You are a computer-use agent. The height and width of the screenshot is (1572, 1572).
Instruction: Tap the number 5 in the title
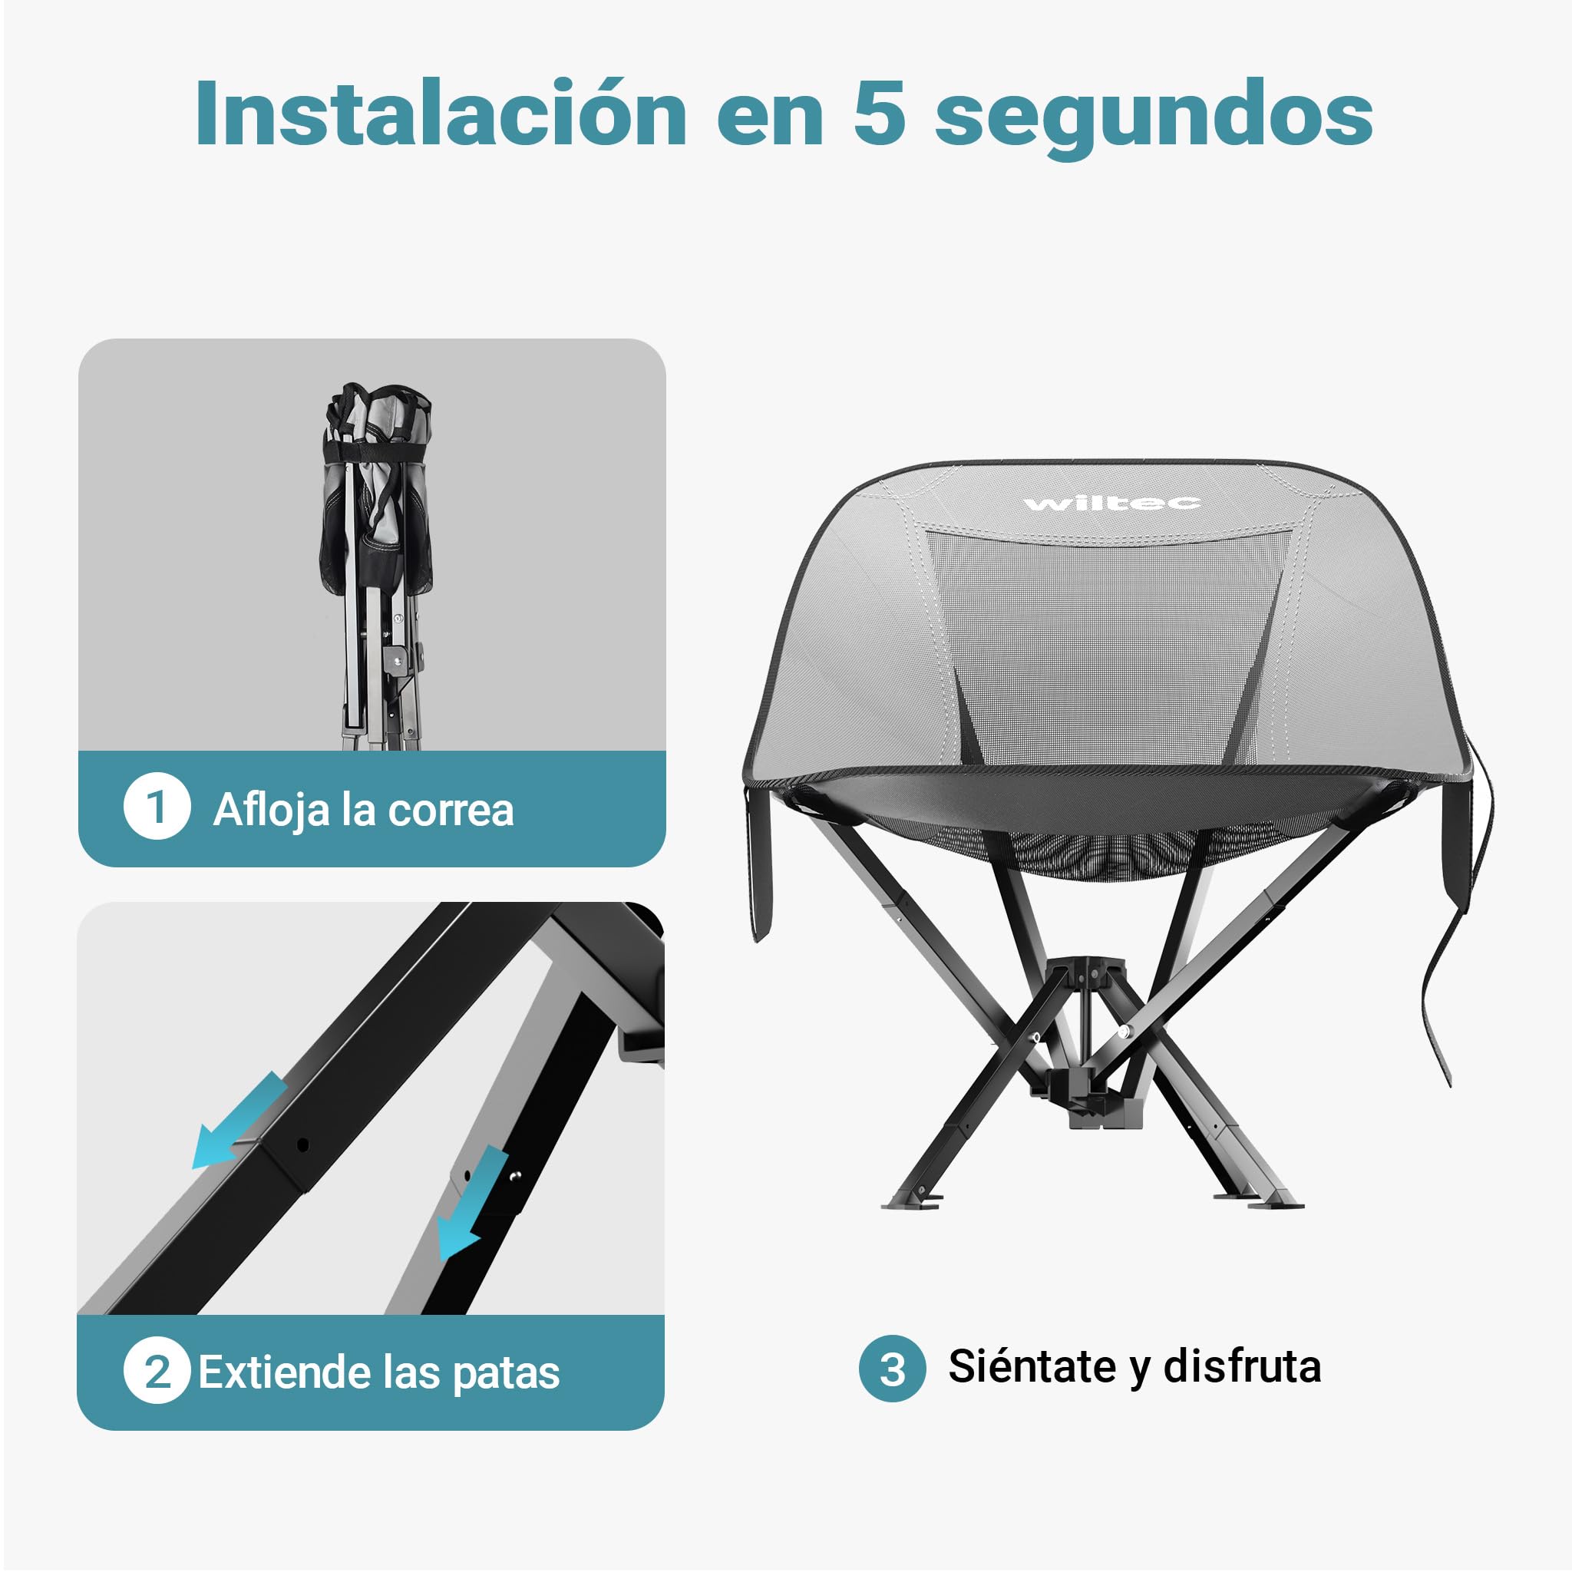pos(880,114)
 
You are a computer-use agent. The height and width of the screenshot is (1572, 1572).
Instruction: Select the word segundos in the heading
pos(1154,119)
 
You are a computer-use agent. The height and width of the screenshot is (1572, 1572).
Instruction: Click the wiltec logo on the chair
pos(1112,504)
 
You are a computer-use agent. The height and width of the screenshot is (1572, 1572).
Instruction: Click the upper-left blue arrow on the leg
pos(239,1120)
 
